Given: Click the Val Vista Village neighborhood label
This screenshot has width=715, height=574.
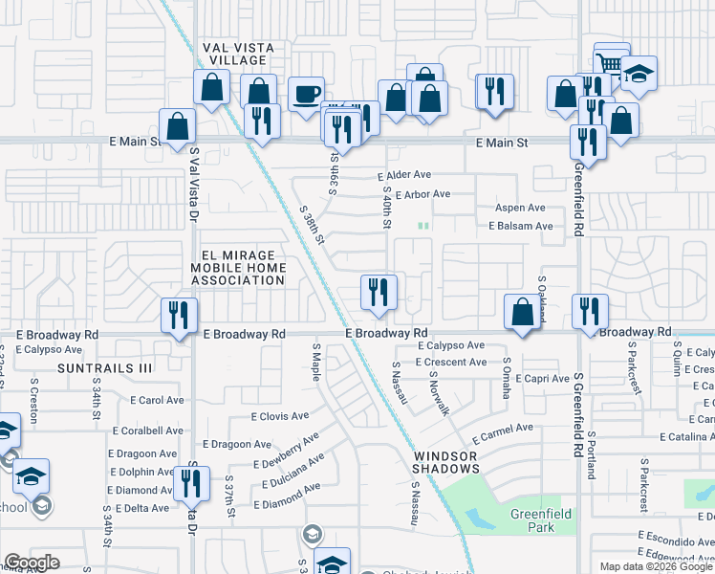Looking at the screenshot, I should click(x=238, y=54).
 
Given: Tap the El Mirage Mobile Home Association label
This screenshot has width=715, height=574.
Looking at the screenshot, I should click(x=238, y=268).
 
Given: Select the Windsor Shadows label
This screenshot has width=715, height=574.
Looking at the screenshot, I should click(x=446, y=463).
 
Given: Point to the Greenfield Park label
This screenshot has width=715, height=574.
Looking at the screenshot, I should click(x=540, y=520).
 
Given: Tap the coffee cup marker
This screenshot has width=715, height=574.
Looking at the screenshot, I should click(x=306, y=94).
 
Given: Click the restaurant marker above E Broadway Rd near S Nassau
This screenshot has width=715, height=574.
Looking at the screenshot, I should click(x=379, y=291).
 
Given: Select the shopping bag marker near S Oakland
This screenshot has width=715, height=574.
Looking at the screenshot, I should click(x=522, y=312).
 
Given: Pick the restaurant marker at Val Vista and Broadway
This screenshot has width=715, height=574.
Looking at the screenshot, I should click(x=179, y=315).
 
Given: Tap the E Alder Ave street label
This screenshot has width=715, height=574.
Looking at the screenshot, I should click(x=404, y=176).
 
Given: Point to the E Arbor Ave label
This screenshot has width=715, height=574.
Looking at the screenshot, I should click(x=422, y=194).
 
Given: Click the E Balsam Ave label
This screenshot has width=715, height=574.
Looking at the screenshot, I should click(x=520, y=227).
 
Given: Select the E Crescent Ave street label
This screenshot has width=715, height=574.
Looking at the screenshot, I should click(x=451, y=363).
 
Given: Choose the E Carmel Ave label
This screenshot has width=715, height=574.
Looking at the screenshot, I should click(x=502, y=429).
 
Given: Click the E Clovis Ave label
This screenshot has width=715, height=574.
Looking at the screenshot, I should click(x=279, y=416).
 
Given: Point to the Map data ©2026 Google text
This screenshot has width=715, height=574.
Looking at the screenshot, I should click(x=656, y=566).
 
